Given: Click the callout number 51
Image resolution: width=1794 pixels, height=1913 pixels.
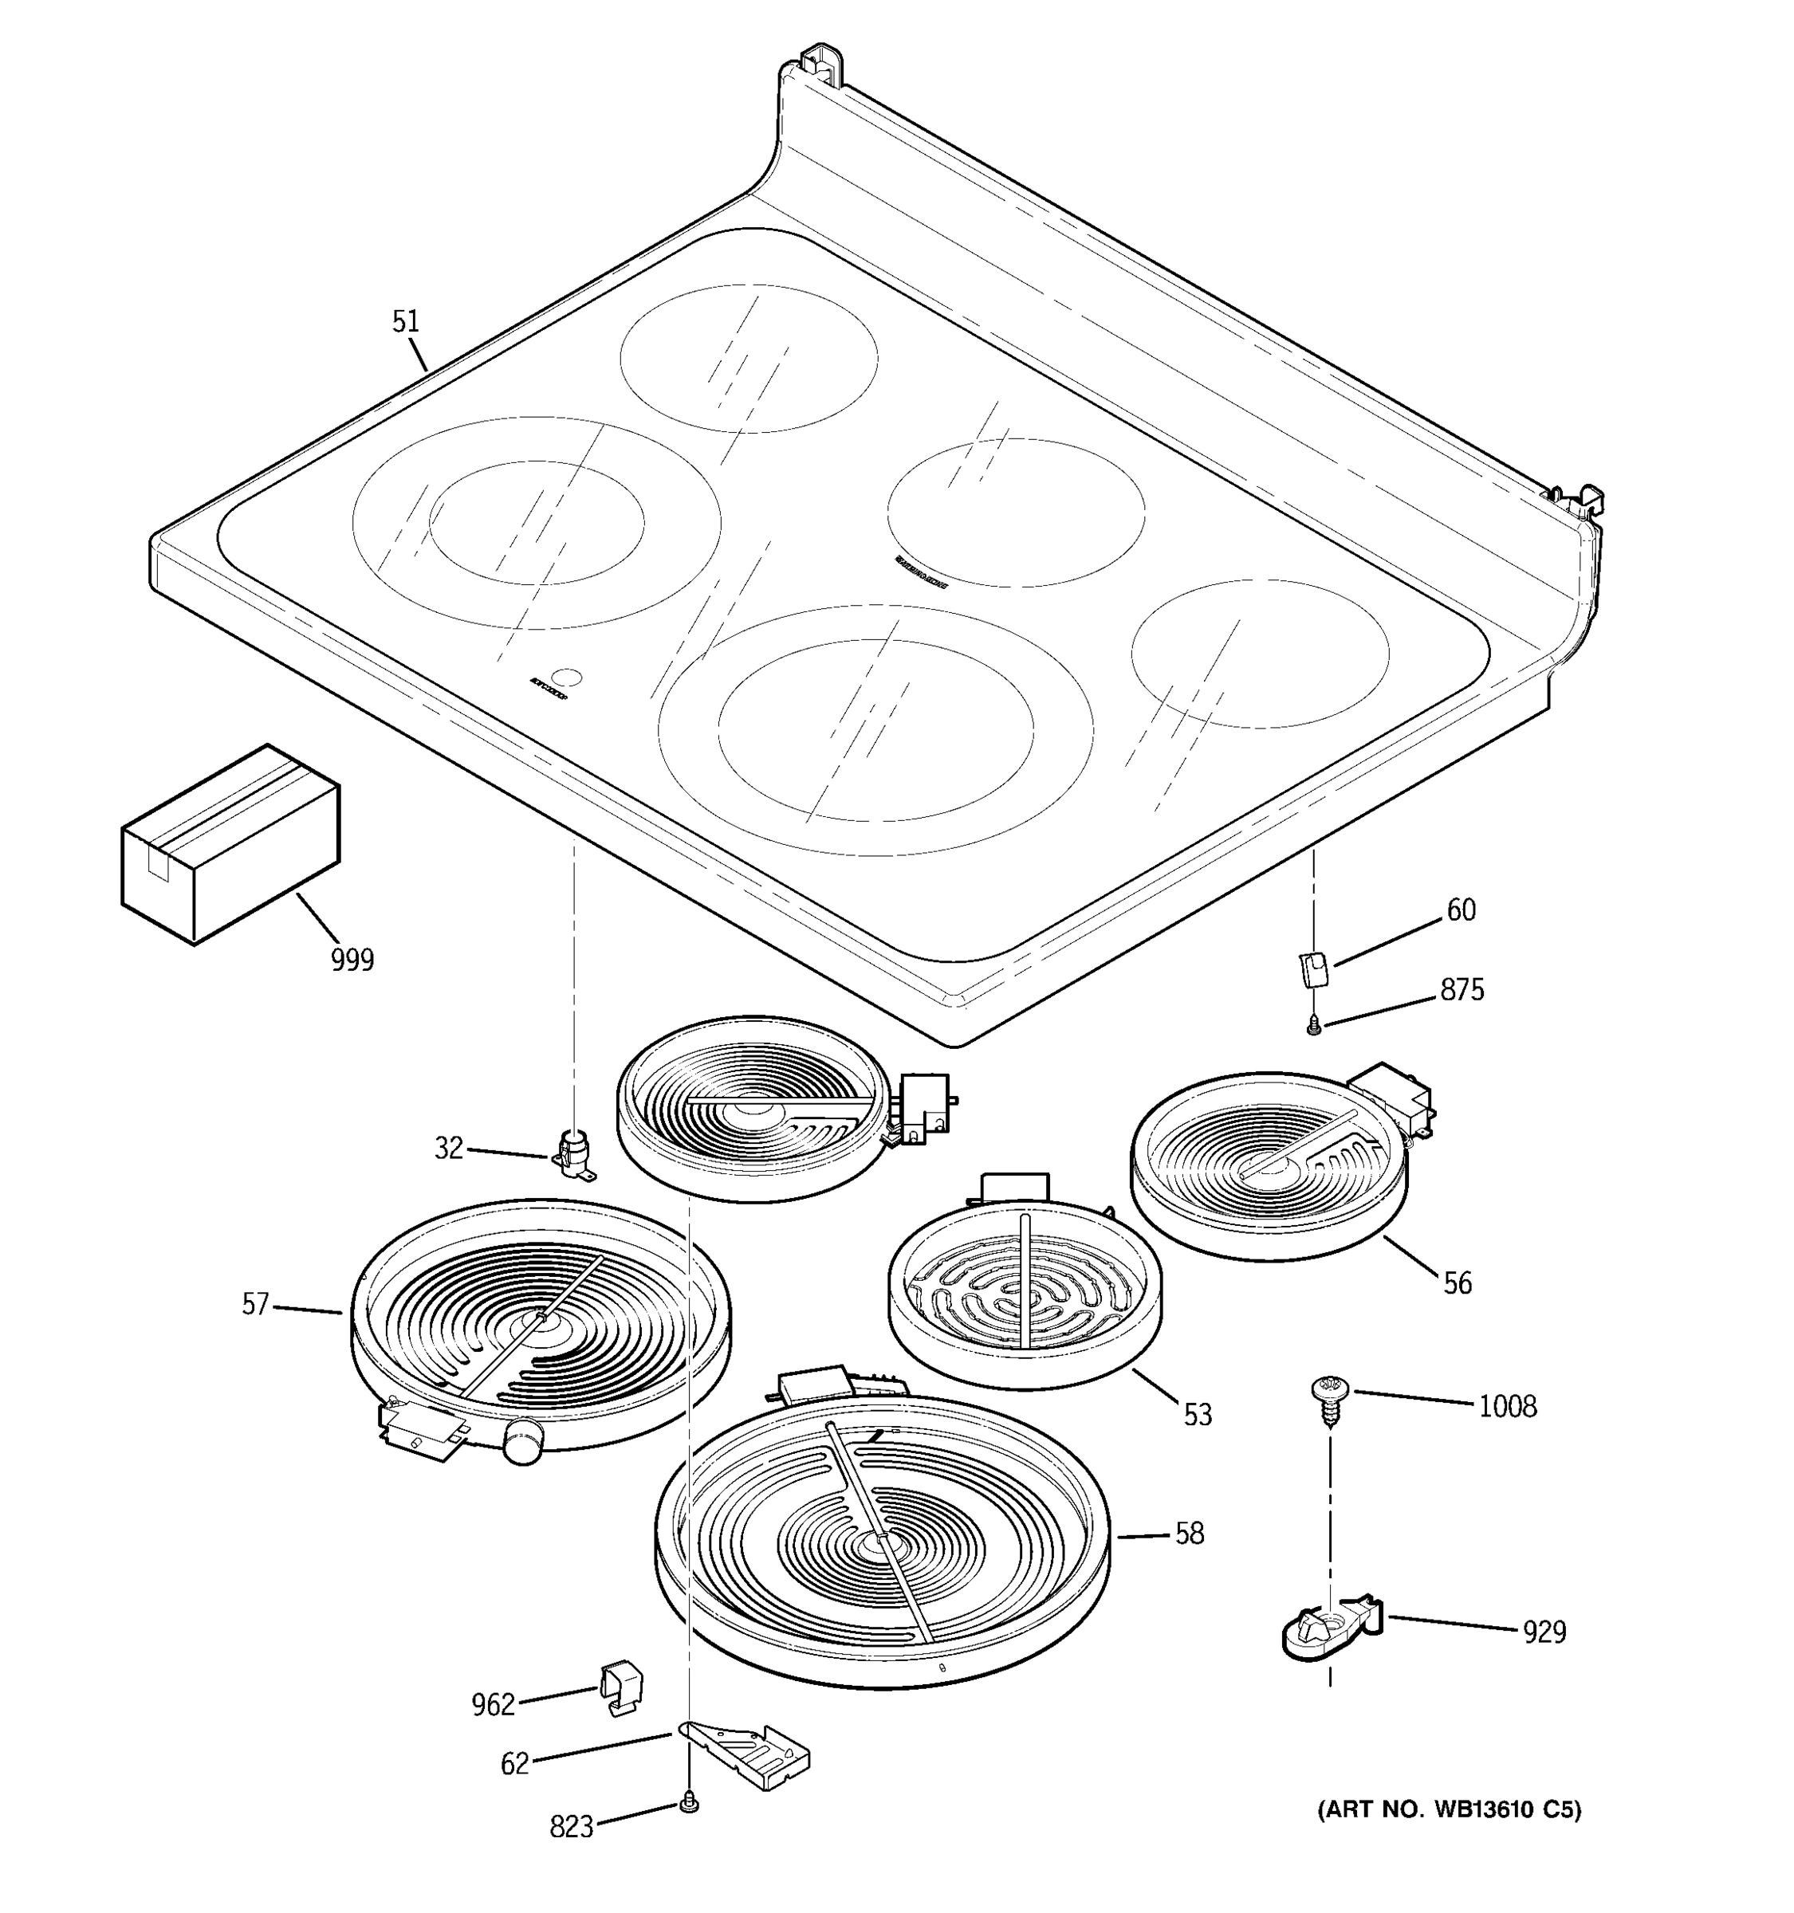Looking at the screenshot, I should point(405,321).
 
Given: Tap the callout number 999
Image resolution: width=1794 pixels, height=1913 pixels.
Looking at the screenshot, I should point(352,960).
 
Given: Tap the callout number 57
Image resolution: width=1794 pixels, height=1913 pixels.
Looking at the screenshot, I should point(255,1305).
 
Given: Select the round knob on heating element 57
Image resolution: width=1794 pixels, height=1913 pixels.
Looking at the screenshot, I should point(522,1440).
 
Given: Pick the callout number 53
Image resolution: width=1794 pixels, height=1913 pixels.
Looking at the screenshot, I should point(1198,1415).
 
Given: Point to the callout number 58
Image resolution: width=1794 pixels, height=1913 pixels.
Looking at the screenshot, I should point(1190,1534).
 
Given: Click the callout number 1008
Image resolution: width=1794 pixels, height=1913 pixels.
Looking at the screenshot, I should point(1507,1407).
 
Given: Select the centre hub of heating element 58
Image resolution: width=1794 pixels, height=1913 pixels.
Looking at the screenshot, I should point(879,1542).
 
